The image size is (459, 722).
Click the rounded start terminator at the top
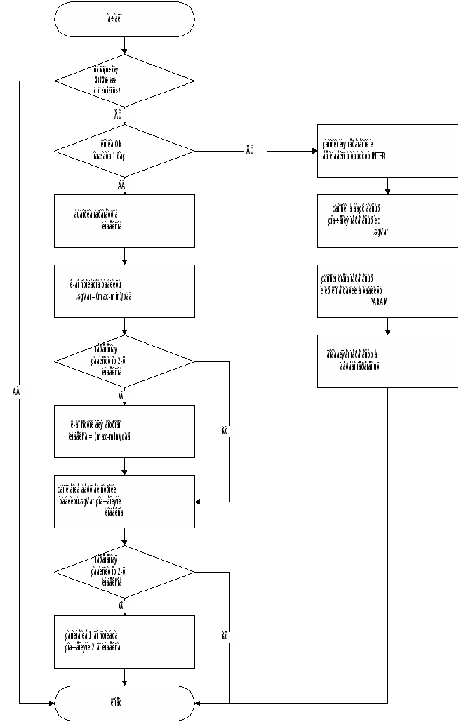[124, 20]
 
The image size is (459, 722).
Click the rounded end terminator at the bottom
[124, 703]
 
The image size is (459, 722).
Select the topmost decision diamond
[124, 81]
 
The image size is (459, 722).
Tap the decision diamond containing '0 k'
[124, 151]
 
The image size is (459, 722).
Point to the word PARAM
[378, 301]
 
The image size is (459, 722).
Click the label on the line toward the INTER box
[255, 150]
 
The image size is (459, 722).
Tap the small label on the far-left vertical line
[19, 392]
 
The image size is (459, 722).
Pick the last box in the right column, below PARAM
[387, 361]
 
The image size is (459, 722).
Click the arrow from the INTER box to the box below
[387, 186]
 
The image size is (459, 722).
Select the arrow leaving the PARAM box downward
[387, 326]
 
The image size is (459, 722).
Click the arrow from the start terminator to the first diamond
[124, 46]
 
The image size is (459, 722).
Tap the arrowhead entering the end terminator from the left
[51, 703]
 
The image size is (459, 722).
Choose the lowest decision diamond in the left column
[124, 572]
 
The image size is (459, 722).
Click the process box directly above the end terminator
[124, 642]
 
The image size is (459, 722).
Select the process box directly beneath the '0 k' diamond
[124, 221]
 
